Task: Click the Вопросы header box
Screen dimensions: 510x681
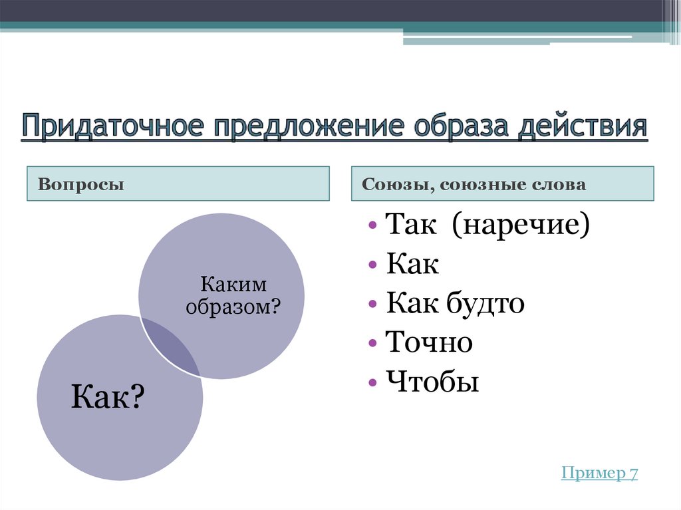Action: click(x=178, y=184)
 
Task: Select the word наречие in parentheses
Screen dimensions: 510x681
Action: click(x=521, y=227)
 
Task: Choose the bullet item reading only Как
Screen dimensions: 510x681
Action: click(x=412, y=265)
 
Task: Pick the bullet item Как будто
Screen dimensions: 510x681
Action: click(x=456, y=304)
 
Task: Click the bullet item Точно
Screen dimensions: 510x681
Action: click(x=429, y=343)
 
